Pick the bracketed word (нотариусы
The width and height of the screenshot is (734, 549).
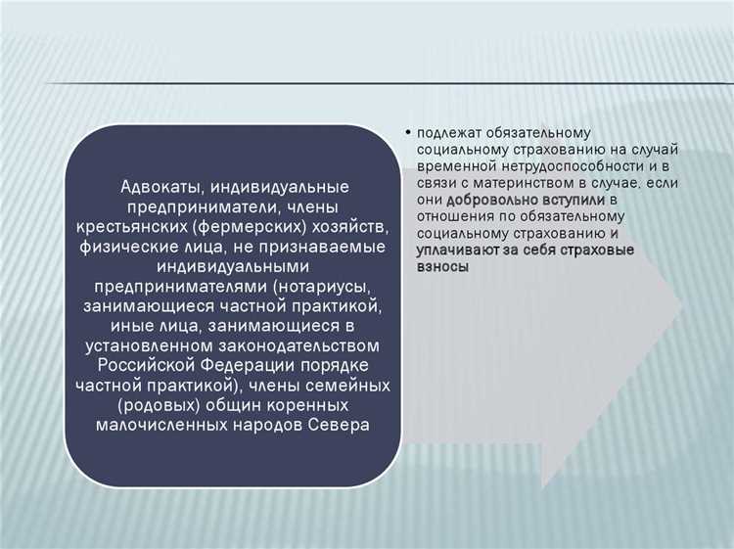tap(324, 285)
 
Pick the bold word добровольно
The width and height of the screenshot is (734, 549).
tap(493, 201)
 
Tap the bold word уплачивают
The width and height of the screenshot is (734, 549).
tap(460, 251)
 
